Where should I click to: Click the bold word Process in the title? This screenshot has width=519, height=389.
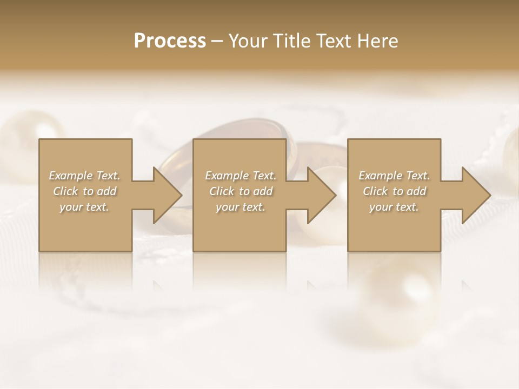point(170,41)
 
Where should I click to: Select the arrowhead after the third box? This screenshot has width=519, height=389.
point(474,195)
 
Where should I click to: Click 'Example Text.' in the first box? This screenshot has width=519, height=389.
point(84,176)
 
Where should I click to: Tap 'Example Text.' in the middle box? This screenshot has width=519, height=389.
point(241,176)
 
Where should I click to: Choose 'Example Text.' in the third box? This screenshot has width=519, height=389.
point(394,176)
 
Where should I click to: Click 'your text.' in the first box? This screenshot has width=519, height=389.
point(84,207)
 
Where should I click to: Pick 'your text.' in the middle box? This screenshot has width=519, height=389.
point(241,207)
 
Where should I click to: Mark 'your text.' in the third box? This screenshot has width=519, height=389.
point(394,207)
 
